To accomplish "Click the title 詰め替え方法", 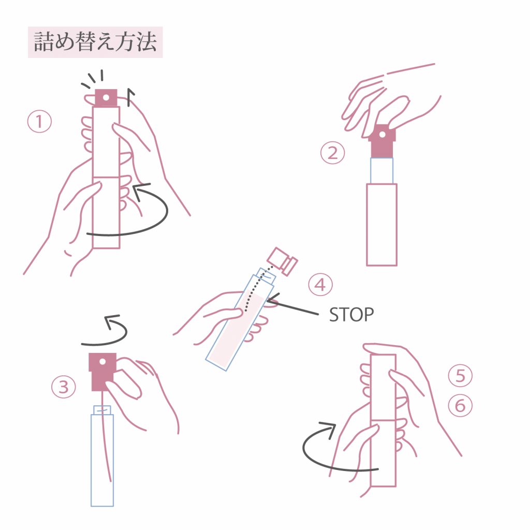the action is point(95,42).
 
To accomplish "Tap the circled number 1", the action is point(39,122).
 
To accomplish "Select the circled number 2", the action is point(333,153).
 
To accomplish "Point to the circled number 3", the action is point(64,387).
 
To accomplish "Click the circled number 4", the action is point(320,285).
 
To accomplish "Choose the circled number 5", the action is point(460,376).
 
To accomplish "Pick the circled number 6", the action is point(460,405).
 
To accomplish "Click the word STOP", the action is point(351,315).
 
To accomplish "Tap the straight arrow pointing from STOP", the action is point(293,306).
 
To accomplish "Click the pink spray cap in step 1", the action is point(106,98).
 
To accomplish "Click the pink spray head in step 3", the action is point(103,372).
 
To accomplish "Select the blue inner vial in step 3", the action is point(102,457).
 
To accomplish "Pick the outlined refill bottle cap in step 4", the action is point(283,261).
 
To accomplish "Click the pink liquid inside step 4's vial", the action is point(240,328).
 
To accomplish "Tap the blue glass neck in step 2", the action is point(381,171).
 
